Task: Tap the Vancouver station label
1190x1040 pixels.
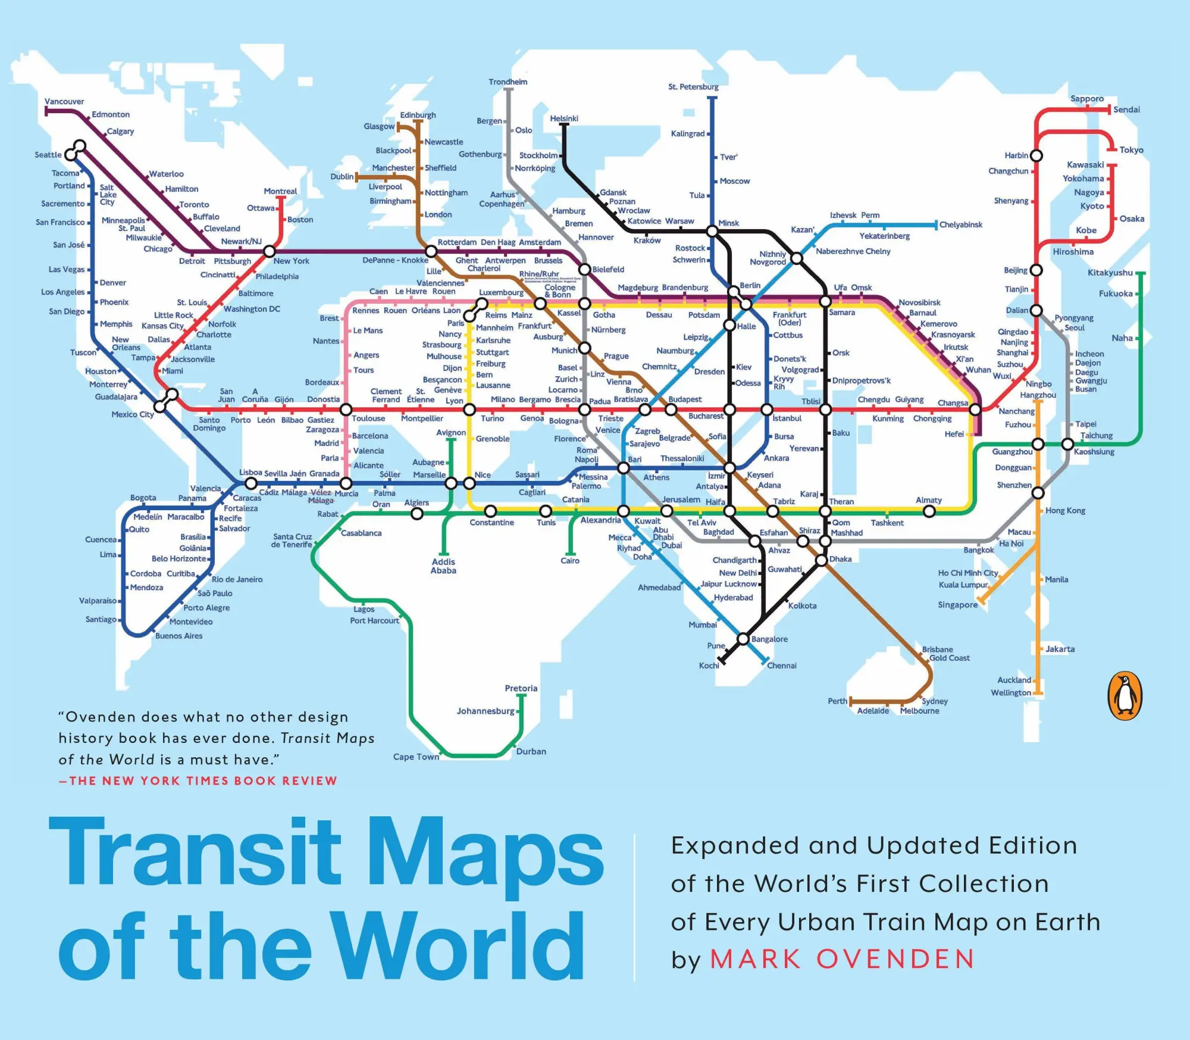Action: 64,101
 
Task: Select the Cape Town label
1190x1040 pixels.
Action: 416,757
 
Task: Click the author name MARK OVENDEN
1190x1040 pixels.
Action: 843,959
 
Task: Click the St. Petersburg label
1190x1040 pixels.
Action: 693,87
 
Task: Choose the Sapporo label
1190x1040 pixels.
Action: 1086,99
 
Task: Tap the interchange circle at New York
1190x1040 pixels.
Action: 270,251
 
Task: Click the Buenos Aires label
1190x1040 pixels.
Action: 178,636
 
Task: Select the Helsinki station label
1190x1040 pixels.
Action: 563,118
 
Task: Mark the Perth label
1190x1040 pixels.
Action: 837,701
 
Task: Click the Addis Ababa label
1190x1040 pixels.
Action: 443,566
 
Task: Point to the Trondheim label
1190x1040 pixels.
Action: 508,82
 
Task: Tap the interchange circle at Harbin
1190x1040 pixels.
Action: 1036,156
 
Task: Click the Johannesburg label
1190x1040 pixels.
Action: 485,711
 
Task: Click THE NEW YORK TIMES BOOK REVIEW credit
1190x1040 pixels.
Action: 202,780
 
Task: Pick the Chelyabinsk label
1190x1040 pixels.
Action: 960,225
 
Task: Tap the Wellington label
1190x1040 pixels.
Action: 1010,692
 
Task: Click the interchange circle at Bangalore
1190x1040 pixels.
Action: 743,639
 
